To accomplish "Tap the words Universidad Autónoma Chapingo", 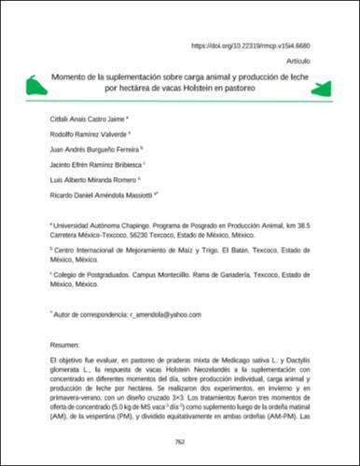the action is [x=98, y=241].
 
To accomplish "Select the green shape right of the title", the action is [x=325, y=88].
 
